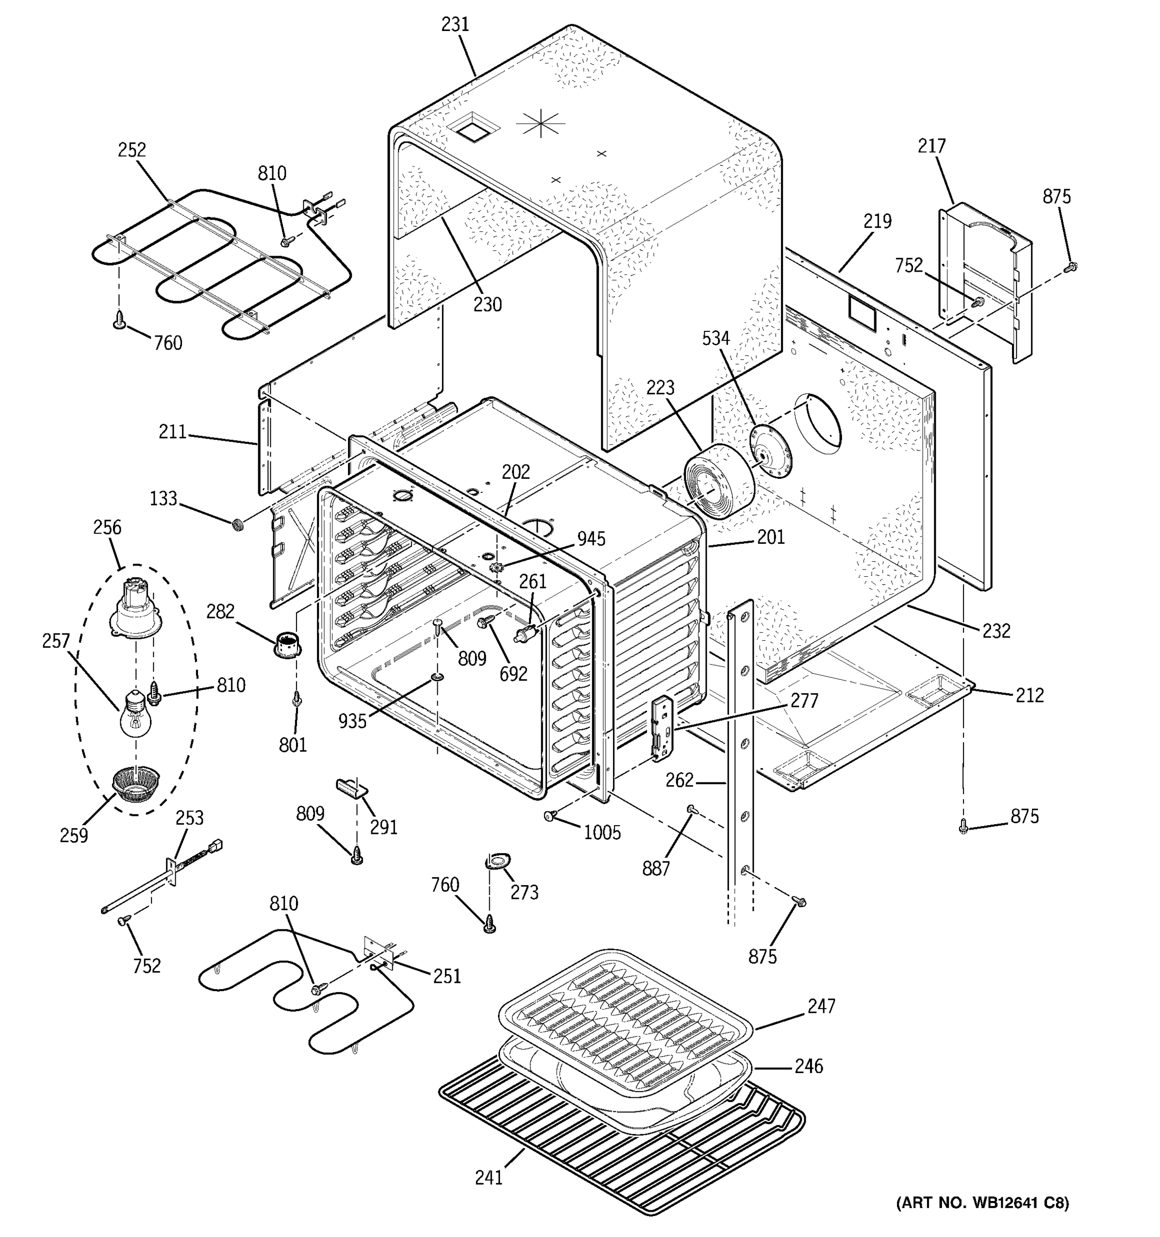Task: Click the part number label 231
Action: tap(455, 25)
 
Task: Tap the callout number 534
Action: tap(716, 339)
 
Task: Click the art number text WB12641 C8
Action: tap(982, 1219)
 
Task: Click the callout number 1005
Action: tap(602, 832)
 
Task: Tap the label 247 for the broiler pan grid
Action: tap(821, 1006)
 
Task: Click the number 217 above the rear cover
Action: tap(932, 146)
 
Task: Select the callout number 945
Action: tap(591, 539)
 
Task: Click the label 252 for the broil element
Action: tap(132, 150)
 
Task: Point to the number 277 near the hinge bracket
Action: tap(805, 701)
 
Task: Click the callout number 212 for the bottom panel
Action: tap(1030, 695)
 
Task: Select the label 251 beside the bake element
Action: tap(447, 976)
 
